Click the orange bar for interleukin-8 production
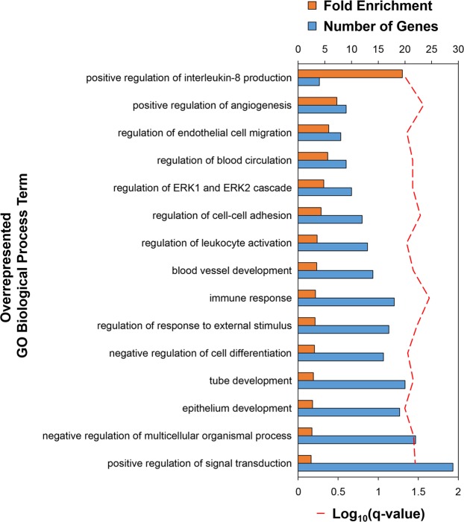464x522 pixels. click(x=350, y=74)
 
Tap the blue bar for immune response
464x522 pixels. click(x=345, y=302)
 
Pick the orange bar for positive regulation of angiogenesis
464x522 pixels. click(x=317, y=101)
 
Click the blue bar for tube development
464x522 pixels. click(x=351, y=384)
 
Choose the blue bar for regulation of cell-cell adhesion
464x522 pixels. click(x=330, y=219)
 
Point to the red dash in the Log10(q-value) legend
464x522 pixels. click(x=321, y=513)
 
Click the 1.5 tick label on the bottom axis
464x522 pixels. click(x=418, y=491)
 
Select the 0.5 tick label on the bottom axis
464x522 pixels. click(x=338, y=491)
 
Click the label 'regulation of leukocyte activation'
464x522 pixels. click(x=216, y=243)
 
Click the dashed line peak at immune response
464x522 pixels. click(x=429, y=298)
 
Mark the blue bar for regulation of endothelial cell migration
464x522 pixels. click(x=319, y=136)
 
